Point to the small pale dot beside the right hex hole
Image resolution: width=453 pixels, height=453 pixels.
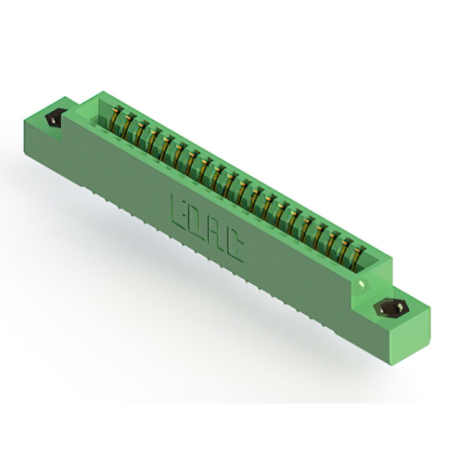[363, 285]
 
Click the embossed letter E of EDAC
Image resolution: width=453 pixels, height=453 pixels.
[179, 208]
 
